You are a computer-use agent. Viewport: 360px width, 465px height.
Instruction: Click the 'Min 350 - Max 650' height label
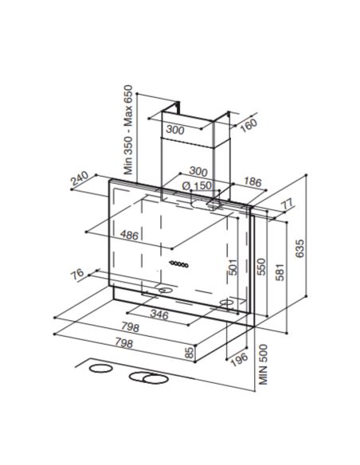[x=128, y=130]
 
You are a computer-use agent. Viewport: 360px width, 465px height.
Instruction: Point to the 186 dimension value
[x=252, y=182]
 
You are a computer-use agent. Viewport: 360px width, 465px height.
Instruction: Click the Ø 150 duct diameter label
[x=197, y=186]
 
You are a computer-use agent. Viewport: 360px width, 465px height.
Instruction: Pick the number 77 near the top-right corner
[x=287, y=204]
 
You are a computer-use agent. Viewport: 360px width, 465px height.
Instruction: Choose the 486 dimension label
[x=129, y=235]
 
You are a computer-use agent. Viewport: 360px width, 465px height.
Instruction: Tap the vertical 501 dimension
[x=233, y=267]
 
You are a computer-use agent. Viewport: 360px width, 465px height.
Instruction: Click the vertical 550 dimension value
[x=261, y=267]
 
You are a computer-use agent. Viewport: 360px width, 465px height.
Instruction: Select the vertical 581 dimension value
[x=280, y=272]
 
